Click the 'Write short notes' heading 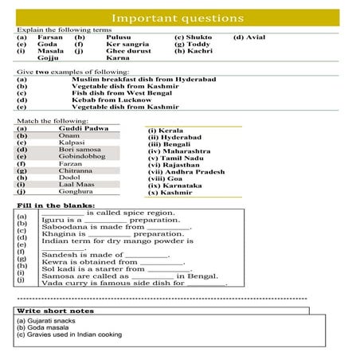click(x=55, y=311)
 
